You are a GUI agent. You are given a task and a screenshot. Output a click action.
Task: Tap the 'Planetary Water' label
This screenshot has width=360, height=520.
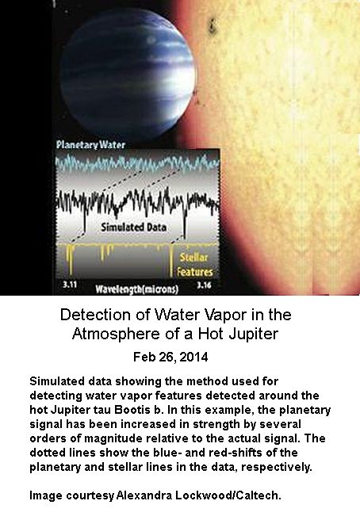(90, 145)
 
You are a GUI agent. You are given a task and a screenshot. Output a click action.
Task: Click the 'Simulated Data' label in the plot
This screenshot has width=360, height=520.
(133, 227)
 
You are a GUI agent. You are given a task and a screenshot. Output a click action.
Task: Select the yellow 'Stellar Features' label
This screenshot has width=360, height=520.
(194, 265)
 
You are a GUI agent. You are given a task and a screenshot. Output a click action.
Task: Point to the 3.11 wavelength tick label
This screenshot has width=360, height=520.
(70, 285)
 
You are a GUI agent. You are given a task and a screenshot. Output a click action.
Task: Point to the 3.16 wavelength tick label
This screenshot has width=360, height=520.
(204, 285)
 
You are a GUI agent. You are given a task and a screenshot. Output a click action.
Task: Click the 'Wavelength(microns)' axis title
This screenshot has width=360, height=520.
(136, 289)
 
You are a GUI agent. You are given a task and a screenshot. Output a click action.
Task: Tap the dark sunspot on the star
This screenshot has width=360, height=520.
(213, 26)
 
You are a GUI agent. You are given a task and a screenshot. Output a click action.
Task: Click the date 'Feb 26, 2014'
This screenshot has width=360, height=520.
(170, 357)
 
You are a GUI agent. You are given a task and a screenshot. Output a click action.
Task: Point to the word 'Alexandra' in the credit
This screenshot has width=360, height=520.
(144, 495)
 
